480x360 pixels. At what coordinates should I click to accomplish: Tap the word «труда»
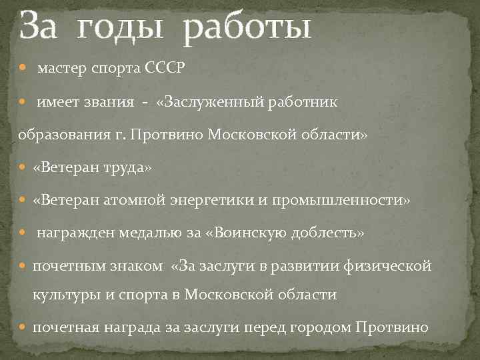[130, 167]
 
